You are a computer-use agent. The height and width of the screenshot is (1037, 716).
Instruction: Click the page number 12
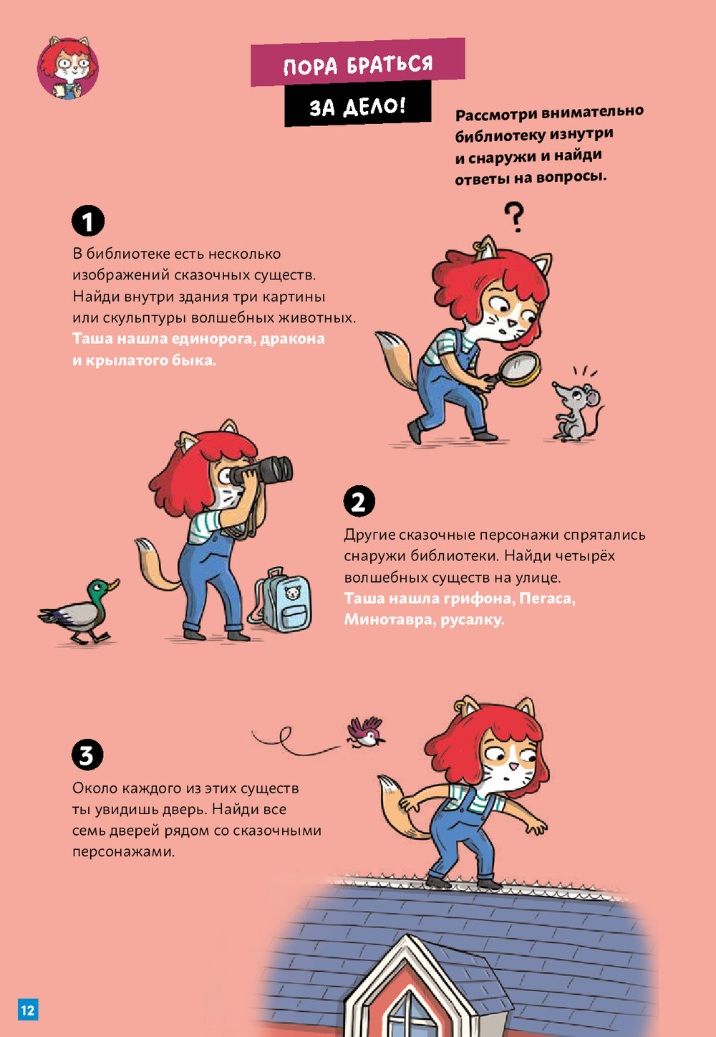(28, 1009)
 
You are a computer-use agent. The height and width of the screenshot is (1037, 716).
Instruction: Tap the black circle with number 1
(88, 221)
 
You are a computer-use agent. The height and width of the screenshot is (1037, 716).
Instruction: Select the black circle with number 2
(359, 501)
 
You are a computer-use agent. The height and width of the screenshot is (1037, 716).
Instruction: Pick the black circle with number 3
(87, 755)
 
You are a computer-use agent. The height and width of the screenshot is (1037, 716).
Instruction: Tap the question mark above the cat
(514, 216)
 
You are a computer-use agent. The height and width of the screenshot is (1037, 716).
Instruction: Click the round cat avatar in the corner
(68, 67)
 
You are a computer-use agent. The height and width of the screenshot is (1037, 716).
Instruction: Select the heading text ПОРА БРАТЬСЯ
(358, 64)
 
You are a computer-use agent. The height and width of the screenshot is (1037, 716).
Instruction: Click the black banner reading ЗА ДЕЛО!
(357, 104)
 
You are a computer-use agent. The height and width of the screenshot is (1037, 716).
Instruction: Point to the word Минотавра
(387, 619)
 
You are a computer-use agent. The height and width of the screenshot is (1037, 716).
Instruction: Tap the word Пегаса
(547, 598)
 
